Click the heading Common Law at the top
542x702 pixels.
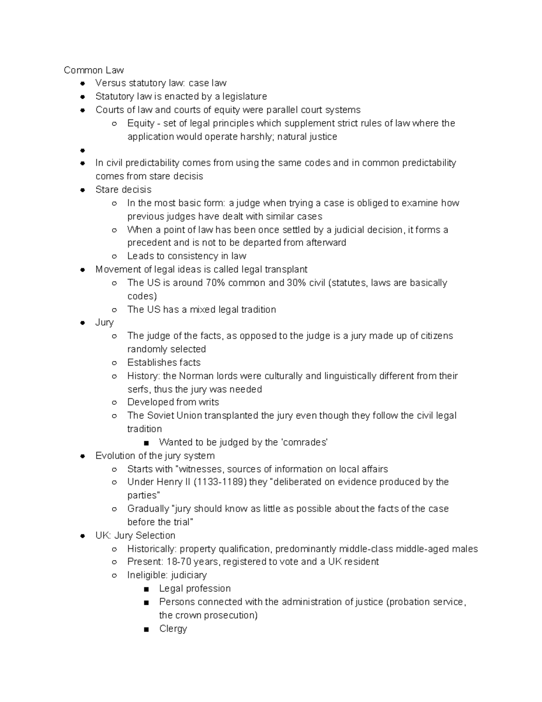(x=93, y=70)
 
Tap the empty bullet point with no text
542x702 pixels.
(x=83, y=150)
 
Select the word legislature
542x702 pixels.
(x=244, y=97)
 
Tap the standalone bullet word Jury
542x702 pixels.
(x=104, y=323)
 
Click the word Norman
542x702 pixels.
(x=195, y=376)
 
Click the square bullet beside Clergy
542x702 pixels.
(x=145, y=629)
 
